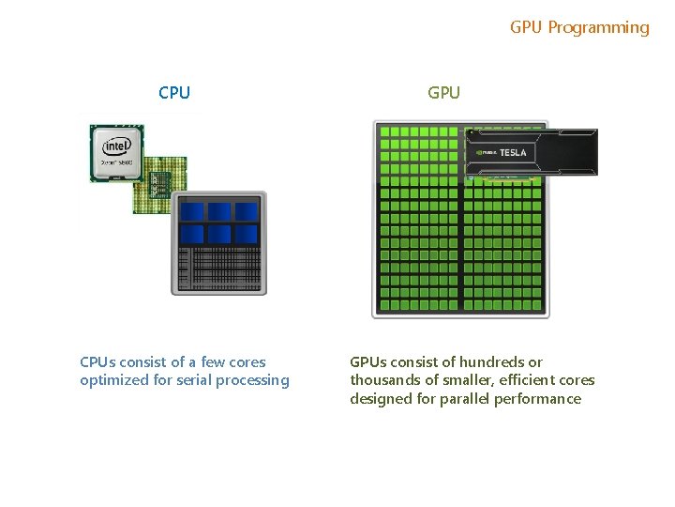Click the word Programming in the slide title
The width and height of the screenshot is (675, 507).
(x=598, y=27)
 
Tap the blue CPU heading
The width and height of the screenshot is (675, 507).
(x=174, y=92)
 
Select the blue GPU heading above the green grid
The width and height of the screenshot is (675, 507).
(x=443, y=92)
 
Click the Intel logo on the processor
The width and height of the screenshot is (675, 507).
(x=116, y=146)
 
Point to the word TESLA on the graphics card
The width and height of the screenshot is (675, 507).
(x=513, y=152)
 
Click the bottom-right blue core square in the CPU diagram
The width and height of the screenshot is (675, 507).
(x=247, y=234)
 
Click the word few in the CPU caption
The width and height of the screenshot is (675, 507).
(x=214, y=361)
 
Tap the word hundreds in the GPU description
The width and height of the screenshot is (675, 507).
(x=490, y=361)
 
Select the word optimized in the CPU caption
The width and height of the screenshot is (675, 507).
(x=112, y=380)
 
